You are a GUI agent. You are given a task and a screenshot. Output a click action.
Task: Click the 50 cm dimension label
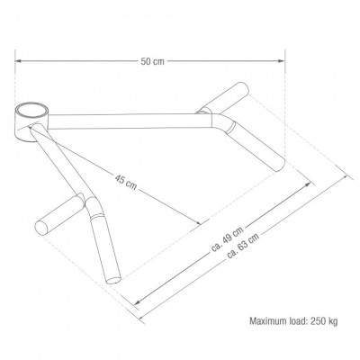pyautogui.click(x=153, y=61)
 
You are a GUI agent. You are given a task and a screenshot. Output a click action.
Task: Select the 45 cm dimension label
pyautogui.click(x=126, y=182)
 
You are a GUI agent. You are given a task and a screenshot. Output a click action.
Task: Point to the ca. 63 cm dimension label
pyautogui.click(x=243, y=246)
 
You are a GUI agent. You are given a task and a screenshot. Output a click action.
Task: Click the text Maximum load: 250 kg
pyautogui.click(x=293, y=321)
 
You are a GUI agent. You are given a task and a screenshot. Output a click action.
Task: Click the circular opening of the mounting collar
pyautogui.click(x=32, y=111)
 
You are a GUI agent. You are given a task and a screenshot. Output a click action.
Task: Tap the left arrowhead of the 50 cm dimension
pyautogui.click(x=18, y=61)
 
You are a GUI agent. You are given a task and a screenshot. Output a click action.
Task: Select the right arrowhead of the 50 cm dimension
pyautogui.click(x=282, y=61)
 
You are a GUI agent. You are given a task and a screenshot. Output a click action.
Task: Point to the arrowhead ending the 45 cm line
pyautogui.click(x=198, y=222)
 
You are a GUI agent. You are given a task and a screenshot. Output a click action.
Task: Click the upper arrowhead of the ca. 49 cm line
pyautogui.click(x=307, y=184)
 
